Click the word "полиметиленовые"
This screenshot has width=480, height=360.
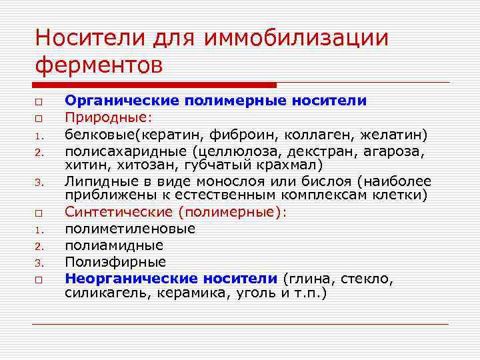[130, 229]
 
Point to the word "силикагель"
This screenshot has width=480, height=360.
[107, 293]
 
